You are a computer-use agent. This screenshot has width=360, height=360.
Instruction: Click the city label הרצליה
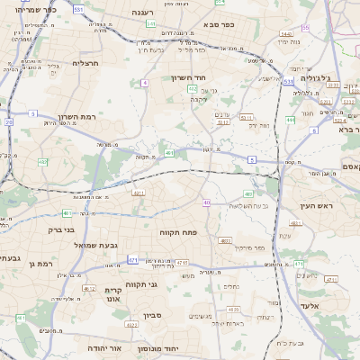[85, 63]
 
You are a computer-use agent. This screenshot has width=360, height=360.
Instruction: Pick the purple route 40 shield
[206, 202]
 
